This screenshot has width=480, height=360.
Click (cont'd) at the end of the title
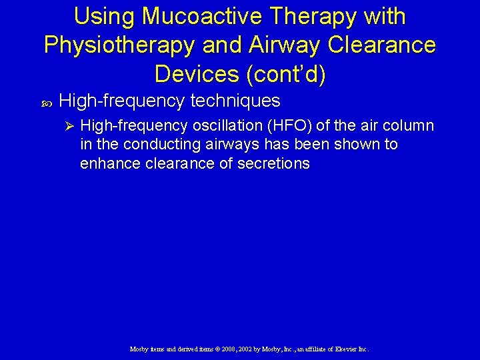point(287,74)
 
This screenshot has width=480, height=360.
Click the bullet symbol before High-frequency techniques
point(46,103)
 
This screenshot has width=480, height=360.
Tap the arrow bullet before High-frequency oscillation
point(66,126)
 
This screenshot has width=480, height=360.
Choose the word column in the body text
point(408,126)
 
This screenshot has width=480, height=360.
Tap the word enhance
point(107,163)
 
